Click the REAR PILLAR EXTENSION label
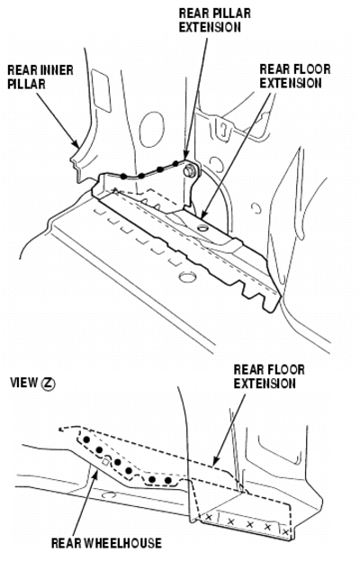tap(214, 21)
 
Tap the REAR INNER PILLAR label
tap(40, 77)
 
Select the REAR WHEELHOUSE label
tap(106, 543)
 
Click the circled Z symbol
tap(48, 384)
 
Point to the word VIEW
tap(23, 383)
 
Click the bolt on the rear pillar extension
tap(189, 171)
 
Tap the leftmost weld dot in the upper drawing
tap(123, 176)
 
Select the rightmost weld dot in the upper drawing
tap(175, 164)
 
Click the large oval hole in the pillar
tap(153, 130)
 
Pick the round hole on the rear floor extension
tap(203, 227)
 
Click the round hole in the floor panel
tap(187, 276)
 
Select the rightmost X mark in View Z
tap(285, 532)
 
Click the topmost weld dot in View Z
tap(86, 440)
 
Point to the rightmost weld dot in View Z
tap(168, 480)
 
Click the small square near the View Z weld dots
tap(105, 462)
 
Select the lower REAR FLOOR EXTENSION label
tap(269, 376)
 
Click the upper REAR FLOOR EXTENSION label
tap(295, 76)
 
